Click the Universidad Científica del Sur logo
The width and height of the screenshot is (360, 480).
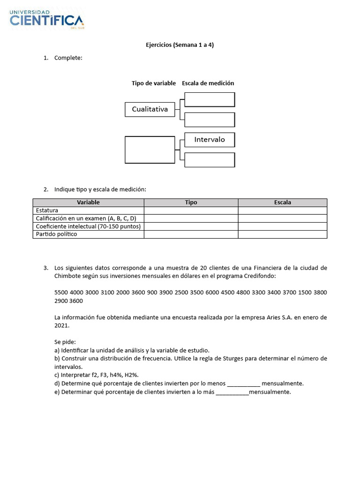(x=47, y=19)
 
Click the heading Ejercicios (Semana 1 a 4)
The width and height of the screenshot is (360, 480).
(x=180, y=45)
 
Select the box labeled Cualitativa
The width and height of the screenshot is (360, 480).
(x=150, y=109)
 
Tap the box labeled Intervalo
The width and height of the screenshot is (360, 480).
(x=210, y=140)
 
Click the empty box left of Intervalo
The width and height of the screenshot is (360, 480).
(x=150, y=150)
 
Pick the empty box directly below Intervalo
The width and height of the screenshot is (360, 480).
(x=210, y=160)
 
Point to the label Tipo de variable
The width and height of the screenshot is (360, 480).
(x=153, y=83)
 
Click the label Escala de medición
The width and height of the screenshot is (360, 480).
(x=208, y=83)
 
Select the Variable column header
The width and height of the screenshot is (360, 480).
(x=88, y=202)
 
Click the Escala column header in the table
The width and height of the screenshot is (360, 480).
(x=282, y=202)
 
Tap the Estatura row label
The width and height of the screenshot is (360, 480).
(x=47, y=210)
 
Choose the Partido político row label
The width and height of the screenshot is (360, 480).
(x=56, y=234)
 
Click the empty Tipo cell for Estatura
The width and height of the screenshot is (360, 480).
(x=191, y=210)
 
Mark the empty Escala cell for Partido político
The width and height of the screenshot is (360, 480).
(x=282, y=234)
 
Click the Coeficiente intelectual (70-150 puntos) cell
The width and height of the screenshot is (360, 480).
(x=88, y=226)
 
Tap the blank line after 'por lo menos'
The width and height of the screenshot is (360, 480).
(x=243, y=383)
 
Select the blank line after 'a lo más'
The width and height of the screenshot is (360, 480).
(x=232, y=392)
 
